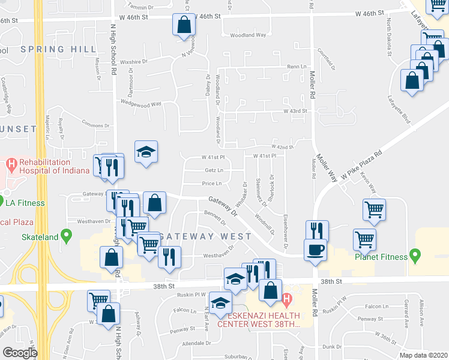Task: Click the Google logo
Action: [20, 353]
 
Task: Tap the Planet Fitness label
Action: [380, 257]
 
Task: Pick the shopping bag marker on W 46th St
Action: [184, 25]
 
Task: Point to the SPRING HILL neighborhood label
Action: [58, 49]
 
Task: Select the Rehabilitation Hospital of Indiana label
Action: [55, 166]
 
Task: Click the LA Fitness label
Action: [25, 203]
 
